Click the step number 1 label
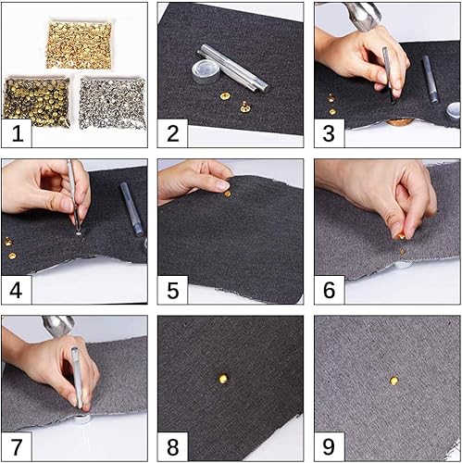click(18, 133)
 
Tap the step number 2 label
click(173, 133)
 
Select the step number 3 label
click(329, 133)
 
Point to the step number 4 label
click(16, 290)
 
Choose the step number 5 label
click(173, 290)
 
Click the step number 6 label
click(330, 290)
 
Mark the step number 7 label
click(17, 446)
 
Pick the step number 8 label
click(173, 446)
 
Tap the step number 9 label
click(329, 446)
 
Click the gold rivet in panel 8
click(223, 378)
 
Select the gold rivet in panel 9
click(393, 381)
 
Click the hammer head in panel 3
click(363, 15)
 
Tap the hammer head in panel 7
click(57, 326)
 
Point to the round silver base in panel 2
click(204, 71)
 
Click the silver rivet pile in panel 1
click(112, 103)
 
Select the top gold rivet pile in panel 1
click(79, 45)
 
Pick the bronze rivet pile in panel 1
click(37, 103)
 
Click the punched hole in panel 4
click(79, 233)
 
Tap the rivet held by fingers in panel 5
click(228, 194)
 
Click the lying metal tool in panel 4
click(131, 209)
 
